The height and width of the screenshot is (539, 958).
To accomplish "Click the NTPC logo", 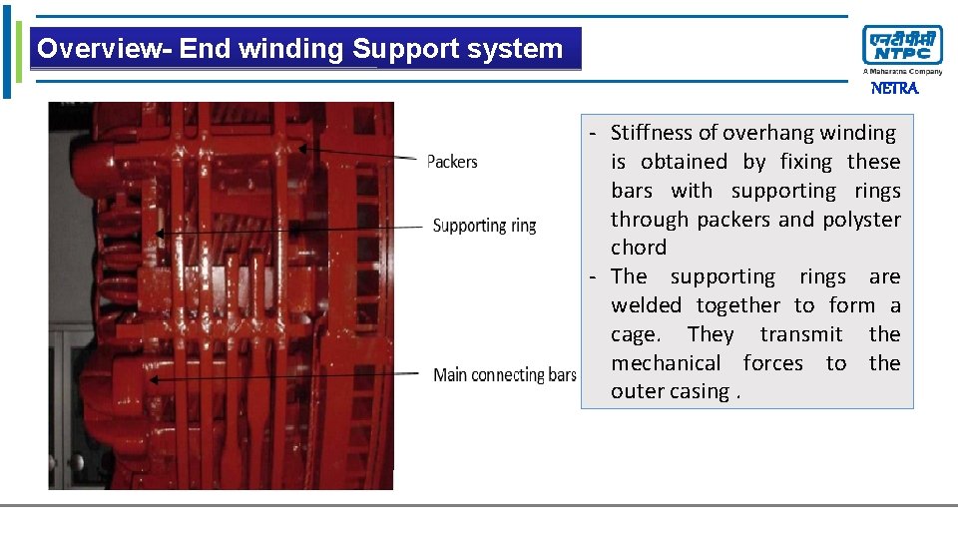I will [x=902, y=46].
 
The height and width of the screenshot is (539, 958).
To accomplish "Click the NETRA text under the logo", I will [x=894, y=89].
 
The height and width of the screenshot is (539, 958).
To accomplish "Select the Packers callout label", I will [x=452, y=162].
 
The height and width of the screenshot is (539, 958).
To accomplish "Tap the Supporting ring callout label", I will [x=484, y=226].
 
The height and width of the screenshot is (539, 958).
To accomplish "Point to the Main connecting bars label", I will [x=505, y=375].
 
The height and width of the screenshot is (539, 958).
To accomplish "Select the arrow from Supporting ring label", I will [x=289, y=230].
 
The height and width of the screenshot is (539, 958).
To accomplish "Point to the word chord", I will [x=639, y=248].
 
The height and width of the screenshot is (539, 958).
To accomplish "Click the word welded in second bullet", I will [x=647, y=305].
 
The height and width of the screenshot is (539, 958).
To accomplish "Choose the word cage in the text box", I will [x=633, y=335].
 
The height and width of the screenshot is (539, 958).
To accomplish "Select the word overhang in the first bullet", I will [x=767, y=133].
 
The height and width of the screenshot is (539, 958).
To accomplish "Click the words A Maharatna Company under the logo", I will [x=902, y=72].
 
